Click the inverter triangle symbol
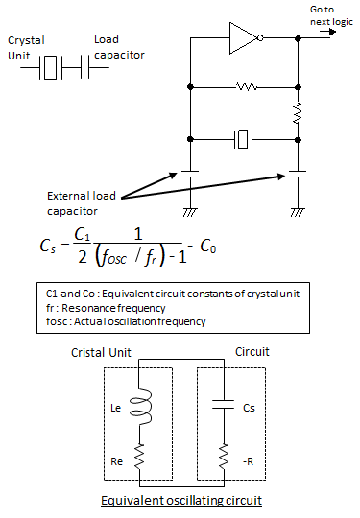pos(243,38)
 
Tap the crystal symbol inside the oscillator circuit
pos(245,140)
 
